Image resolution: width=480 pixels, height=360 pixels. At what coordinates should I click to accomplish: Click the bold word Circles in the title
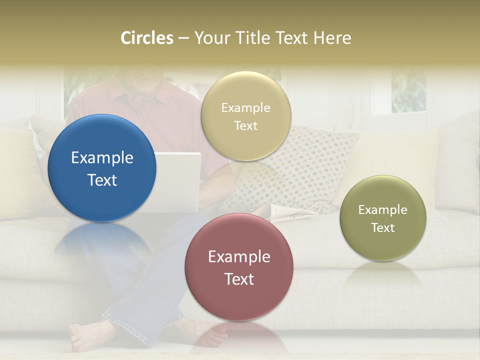click(147, 38)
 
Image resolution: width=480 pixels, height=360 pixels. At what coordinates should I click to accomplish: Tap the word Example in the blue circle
click(102, 158)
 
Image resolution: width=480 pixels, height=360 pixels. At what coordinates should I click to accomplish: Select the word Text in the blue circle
click(102, 180)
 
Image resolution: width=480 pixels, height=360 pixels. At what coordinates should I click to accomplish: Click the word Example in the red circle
click(239, 257)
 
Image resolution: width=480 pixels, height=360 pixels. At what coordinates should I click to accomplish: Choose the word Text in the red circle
click(239, 279)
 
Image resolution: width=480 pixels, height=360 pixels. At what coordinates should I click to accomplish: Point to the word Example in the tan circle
click(246, 108)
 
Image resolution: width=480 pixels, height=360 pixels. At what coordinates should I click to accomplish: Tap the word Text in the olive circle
click(383, 228)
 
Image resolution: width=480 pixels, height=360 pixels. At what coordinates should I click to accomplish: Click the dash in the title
click(183, 38)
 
